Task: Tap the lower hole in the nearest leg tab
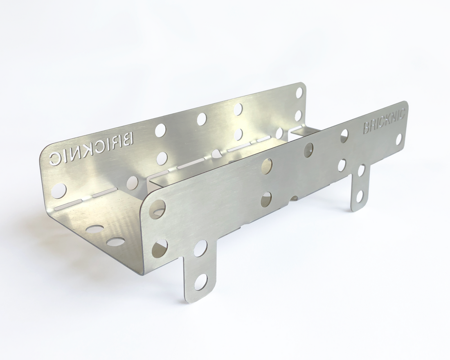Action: pyautogui.click(x=201, y=281)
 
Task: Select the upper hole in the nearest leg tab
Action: pyautogui.click(x=200, y=248)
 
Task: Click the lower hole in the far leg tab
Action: pyautogui.click(x=360, y=196)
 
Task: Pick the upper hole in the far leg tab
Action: pyautogui.click(x=361, y=171)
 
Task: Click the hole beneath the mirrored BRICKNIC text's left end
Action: pyautogui.click(x=60, y=190)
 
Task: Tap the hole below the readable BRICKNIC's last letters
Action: pyautogui.click(x=398, y=139)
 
